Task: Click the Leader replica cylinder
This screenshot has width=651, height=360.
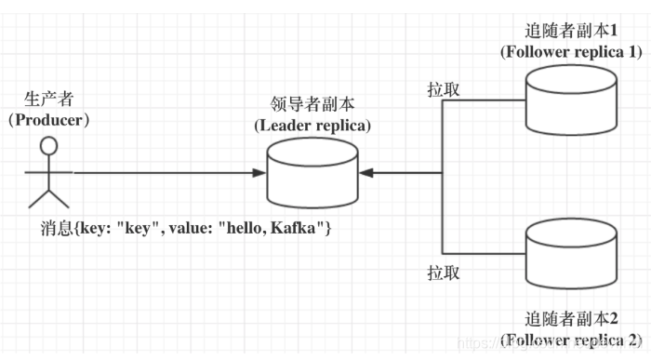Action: click(312, 174)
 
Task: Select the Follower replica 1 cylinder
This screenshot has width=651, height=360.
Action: click(570, 100)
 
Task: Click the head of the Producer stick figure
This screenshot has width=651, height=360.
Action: click(48, 145)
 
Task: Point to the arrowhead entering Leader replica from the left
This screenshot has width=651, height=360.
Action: click(259, 173)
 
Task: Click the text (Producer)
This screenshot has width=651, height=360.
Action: click(50, 119)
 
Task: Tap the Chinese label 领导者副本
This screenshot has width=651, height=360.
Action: click(312, 105)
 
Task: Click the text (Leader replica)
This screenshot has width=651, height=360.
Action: click(312, 125)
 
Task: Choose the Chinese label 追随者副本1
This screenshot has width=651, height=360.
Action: click(571, 30)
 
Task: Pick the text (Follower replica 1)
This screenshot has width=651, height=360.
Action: click(571, 50)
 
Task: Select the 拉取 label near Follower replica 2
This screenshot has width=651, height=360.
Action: click(443, 273)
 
